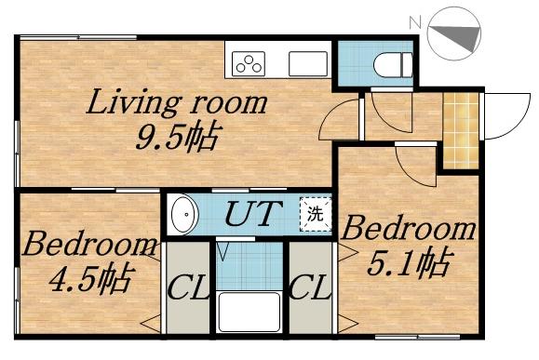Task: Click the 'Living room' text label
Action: [x=177, y=102]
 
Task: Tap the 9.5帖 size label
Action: [x=178, y=140]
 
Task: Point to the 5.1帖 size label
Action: [x=411, y=263]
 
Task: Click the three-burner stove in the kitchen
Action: [x=249, y=63]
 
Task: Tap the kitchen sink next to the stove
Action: [x=306, y=63]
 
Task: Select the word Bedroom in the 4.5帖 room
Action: [x=90, y=247]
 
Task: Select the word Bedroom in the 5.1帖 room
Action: [x=411, y=228]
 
